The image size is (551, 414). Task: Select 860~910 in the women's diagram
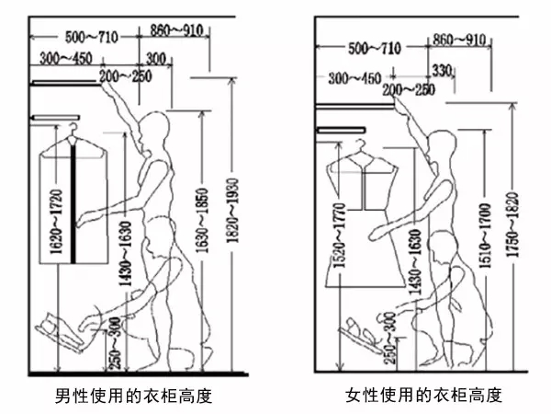[x=459, y=40]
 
